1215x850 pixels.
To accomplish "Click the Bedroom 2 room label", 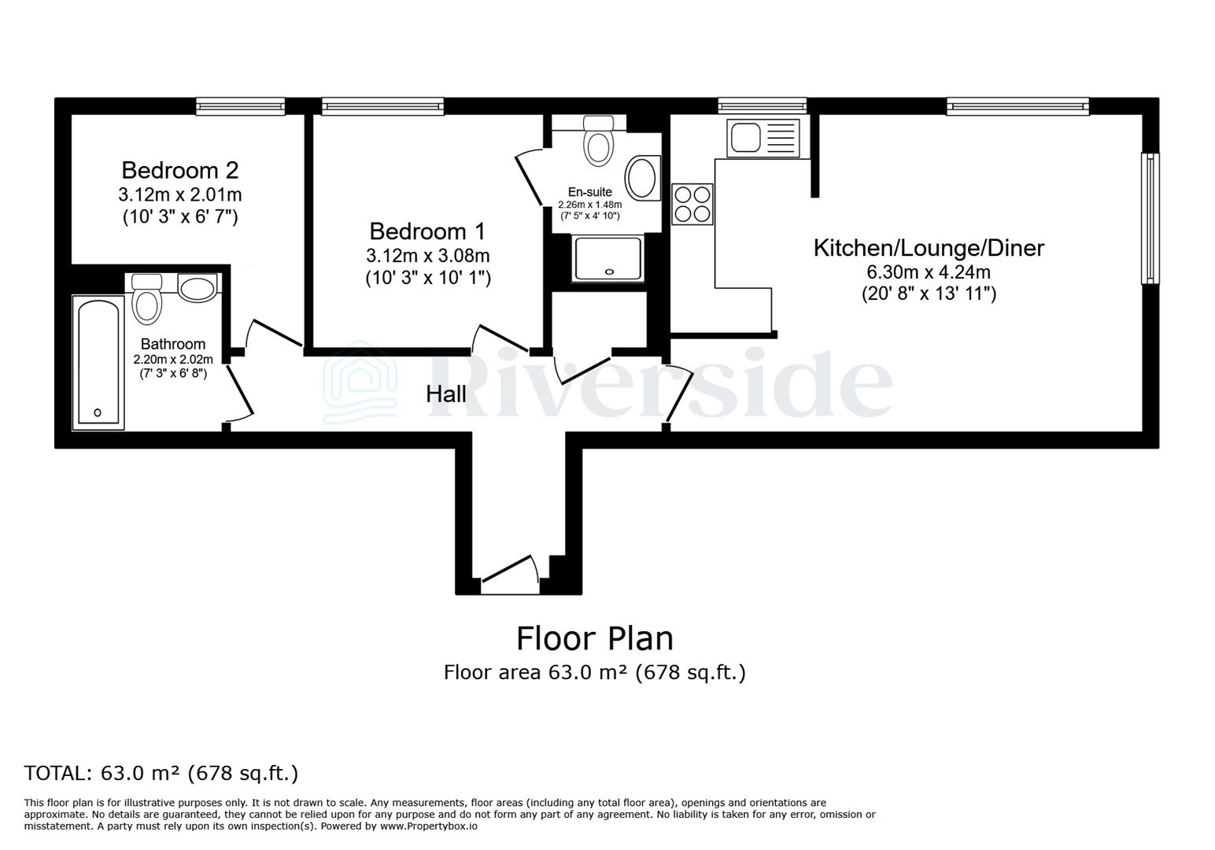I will tap(179, 170).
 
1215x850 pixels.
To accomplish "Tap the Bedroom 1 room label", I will tap(427, 231).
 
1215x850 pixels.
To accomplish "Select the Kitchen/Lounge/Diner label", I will tap(929, 248).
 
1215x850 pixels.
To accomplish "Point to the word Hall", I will tap(446, 394).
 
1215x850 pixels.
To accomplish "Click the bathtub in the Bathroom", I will tap(98, 363).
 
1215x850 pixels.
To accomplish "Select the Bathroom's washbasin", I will tap(198, 287).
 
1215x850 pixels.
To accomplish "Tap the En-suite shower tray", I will tap(608, 258).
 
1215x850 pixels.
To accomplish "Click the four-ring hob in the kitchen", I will tap(692, 204).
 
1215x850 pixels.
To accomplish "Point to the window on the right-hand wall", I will tap(1150, 218).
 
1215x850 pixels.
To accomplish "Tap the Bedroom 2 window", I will tap(240, 105).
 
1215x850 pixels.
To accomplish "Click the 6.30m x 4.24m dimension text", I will tap(929, 273).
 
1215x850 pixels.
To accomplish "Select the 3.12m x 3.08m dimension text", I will tap(427, 256).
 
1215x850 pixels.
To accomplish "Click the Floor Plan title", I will tap(594, 638).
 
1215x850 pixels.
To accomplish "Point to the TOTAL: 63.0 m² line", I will tap(161, 773).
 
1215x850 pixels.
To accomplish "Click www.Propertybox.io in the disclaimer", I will tap(429, 826).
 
